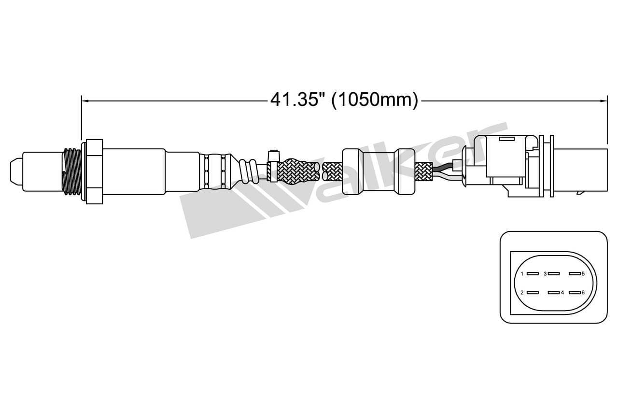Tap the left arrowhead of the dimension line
(85, 100)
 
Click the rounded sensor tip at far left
(16, 171)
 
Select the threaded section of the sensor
(72, 171)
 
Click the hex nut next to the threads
(94, 171)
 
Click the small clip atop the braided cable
(273, 156)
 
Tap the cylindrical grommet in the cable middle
(378, 171)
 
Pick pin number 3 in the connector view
(553, 273)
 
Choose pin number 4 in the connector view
(553, 292)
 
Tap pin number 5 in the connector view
(574, 273)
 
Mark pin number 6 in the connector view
(574, 292)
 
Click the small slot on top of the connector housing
(506, 139)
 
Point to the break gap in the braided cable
(321, 171)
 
